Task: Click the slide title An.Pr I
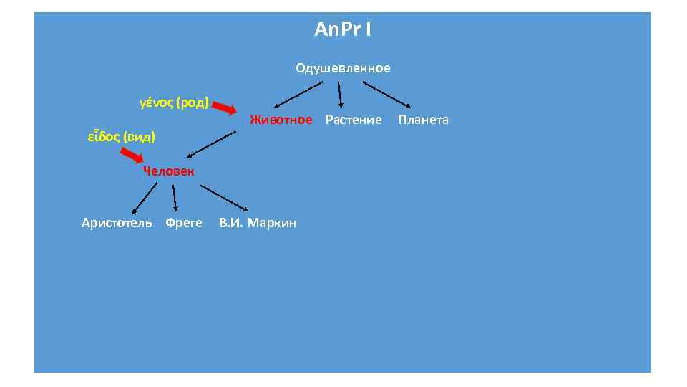tap(342, 30)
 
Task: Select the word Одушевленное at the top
tap(343, 69)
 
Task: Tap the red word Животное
tap(281, 120)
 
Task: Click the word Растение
tap(354, 120)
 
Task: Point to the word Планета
tap(423, 120)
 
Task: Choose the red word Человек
tap(168, 171)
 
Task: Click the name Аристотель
tap(117, 223)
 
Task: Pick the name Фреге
tap(184, 223)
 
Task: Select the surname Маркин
tap(273, 223)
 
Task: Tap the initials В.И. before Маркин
tap(232, 223)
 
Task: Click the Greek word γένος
tap(155, 103)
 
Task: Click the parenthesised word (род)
tap(191, 103)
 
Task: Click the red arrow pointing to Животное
tap(225, 109)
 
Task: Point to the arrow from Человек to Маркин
tap(224, 198)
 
